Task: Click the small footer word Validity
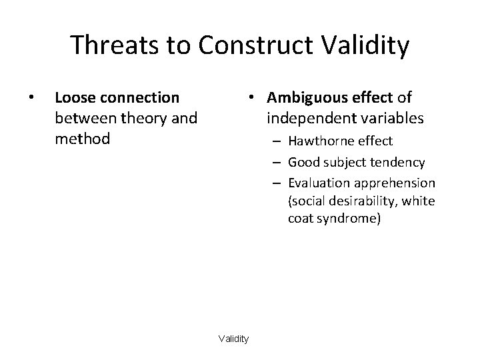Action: click(x=233, y=339)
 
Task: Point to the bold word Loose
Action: click(x=74, y=98)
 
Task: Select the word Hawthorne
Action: click(x=317, y=141)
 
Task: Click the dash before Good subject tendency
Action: click(x=277, y=163)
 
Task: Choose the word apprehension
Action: click(x=393, y=183)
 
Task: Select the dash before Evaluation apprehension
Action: click(x=277, y=183)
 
